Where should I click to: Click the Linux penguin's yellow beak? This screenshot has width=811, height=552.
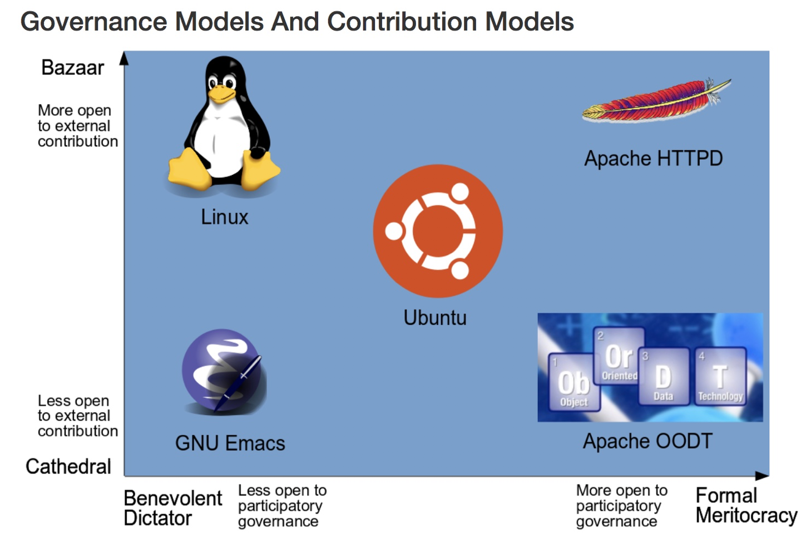coord(222,94)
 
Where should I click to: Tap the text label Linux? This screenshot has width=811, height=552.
coord(224,217)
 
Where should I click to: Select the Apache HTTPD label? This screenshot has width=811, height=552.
coord(653,159)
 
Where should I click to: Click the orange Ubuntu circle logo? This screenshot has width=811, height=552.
coord(438,231)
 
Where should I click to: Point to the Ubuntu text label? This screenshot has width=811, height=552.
coord(435,318)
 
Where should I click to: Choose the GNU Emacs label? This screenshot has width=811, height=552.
coord(230,443)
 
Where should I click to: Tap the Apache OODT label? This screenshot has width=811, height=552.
coord(647,441)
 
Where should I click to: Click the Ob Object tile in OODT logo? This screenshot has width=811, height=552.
coord(573,383)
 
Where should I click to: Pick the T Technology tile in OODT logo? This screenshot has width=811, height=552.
coord(720,376)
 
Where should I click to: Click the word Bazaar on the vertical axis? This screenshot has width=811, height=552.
coord(72,68)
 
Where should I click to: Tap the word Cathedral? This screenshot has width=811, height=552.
coord(68,466)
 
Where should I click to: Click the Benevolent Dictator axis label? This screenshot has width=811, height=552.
coord(172,508)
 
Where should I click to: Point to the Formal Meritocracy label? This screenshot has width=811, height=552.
coord(746,505)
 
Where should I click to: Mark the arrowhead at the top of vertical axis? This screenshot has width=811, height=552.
coord(125,58)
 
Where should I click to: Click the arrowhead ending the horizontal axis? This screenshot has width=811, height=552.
coord(762,476)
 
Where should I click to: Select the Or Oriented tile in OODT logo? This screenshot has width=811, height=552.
coord(619,356)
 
